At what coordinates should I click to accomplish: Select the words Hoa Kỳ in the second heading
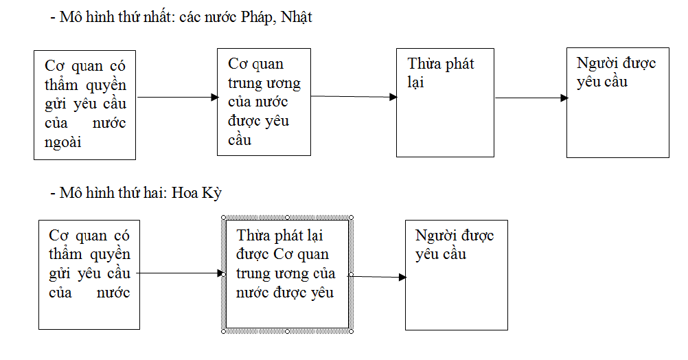tap(198, 193)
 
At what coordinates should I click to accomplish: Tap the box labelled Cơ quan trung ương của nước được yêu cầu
tap(264, 102)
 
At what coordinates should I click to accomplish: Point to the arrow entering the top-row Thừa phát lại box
tap(353, 97)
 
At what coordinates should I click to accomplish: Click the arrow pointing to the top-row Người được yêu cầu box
tap(531, 98)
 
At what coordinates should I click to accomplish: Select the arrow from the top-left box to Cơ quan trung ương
tap(176, 98)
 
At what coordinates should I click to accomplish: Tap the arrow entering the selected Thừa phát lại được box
tap(180, 273)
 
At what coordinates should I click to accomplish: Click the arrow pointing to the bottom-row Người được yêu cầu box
tap(378, 276)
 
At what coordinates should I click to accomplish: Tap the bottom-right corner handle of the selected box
tap(352, 331)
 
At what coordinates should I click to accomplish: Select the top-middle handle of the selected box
tap(288, 217)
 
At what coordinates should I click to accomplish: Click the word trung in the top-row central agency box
tap(244, 84)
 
